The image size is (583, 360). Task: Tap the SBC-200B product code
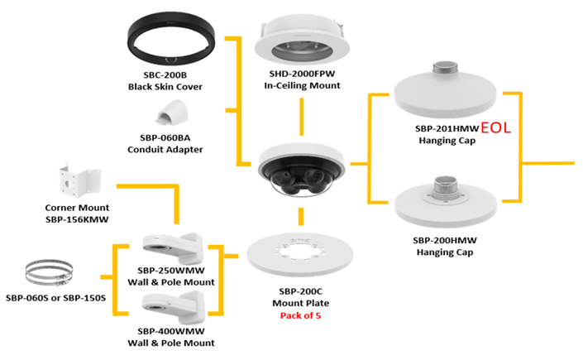click(165, 74)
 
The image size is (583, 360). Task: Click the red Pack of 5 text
click(301, 315)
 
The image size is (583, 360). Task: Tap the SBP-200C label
click(301, 291)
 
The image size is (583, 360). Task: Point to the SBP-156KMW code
click(77, 218)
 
